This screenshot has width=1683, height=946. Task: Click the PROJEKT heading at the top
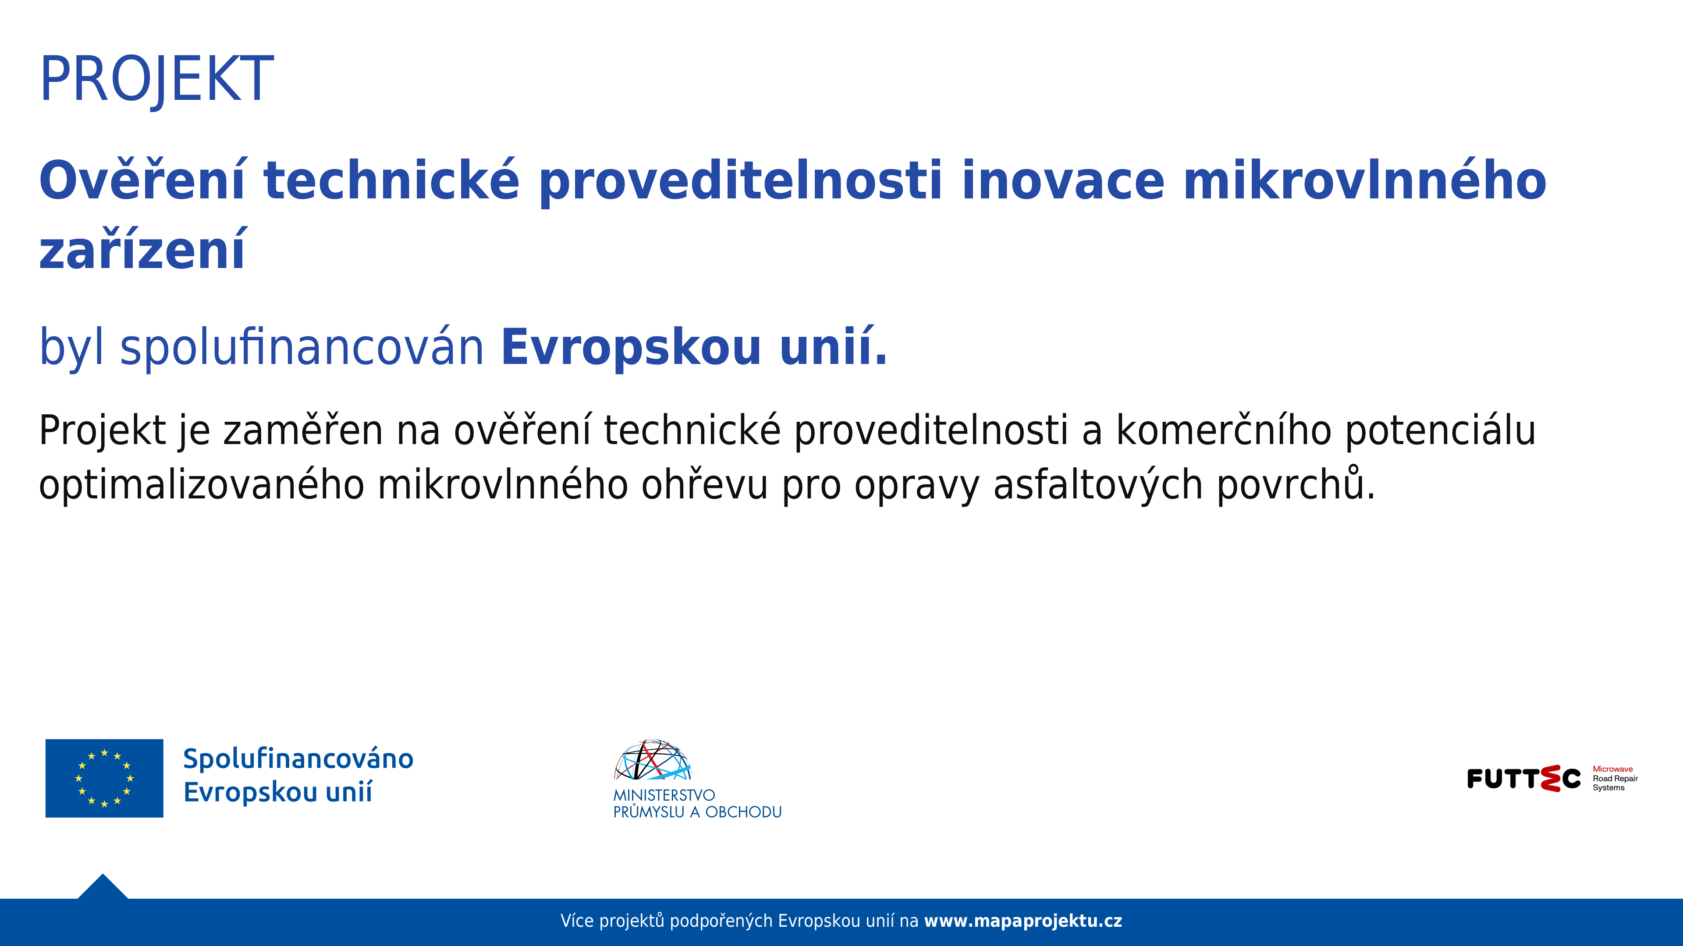pos(157,78)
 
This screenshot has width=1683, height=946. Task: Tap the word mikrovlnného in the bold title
pos(1364,180)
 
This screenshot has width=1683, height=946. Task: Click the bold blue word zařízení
pos(142,251)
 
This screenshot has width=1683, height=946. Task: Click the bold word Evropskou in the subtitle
pos(631,347)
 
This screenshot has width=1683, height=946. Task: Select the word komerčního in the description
pos(1223,431)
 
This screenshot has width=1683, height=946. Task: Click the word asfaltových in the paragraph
pos(1097,485)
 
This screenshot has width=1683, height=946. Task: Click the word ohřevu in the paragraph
pos(704,485)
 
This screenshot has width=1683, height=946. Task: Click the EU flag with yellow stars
pos(105,778)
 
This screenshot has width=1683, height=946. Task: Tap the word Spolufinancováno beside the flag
pos(298,759)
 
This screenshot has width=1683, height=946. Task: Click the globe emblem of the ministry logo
pos(652,761)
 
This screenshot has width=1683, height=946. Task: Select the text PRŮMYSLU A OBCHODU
pos(697,812)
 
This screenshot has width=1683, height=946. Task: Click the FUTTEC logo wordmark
pos(1523,778)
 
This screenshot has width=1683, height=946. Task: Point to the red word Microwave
pos(1612,769)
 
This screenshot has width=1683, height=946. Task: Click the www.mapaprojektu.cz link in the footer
pos(1023,921)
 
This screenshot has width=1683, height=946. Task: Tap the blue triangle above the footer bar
pos(103,888)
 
